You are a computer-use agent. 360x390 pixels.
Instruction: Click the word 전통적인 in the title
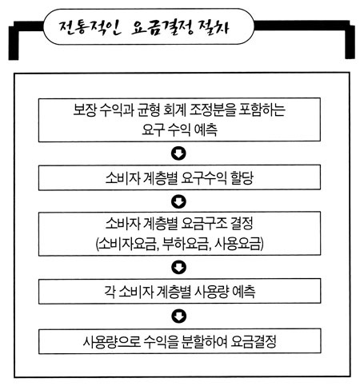click(90, 28)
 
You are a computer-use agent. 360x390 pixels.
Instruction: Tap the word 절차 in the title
click(214, 27)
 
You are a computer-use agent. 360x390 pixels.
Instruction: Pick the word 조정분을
click(213, 109)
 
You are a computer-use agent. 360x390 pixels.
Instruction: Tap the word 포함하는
click(262, 109)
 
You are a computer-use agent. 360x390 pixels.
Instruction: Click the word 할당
click(242, 178)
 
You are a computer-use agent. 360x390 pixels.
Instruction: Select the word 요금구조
click(204, 224)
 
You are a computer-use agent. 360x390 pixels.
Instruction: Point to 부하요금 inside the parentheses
click(186, 244)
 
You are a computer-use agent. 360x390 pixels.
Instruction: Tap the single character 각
click(110, 292)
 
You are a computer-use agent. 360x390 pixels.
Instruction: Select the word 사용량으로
click(112, 341)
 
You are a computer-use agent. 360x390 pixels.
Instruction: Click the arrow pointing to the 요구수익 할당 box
click(178, 153)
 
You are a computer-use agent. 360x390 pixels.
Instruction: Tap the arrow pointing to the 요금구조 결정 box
click(178, 201)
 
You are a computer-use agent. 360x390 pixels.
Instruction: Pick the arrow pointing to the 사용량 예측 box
click(178, 267)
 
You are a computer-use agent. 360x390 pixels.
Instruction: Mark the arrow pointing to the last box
click(178, 316)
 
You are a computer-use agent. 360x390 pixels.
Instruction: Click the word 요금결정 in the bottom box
click(254, 341)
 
